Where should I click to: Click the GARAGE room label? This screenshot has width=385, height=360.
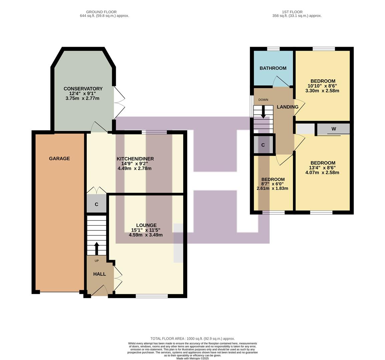(x=59, y=159)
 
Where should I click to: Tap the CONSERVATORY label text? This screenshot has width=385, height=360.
(x=83, y=89)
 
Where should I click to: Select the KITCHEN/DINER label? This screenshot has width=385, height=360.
(x=135, y=159)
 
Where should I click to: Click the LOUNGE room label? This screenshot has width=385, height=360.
(x=146, y=225)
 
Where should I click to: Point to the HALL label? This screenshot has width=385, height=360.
(x=99, y=274)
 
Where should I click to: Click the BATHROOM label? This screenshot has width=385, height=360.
(x=273, y=68)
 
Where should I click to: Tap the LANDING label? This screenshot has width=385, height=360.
(x=288, y=107)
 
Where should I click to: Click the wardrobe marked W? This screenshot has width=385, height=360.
(x=333, y=129)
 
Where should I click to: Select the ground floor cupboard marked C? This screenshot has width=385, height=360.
(x=96, y=204)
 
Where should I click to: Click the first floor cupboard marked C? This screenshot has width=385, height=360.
(x=263, y=145)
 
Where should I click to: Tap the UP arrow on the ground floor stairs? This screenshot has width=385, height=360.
(x=97, y=249)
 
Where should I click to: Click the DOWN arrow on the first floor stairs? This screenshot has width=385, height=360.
(x=263, y=112)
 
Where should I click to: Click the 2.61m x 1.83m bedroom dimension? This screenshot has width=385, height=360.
(x=272, y=188)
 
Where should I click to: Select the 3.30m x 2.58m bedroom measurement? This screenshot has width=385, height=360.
(x=323, y=91)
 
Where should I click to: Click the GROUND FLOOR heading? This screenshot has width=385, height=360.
(x=101, y=12)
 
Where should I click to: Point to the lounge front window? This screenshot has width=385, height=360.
(x=152, y=296)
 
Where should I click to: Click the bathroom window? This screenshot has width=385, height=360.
(x=274, y=49)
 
